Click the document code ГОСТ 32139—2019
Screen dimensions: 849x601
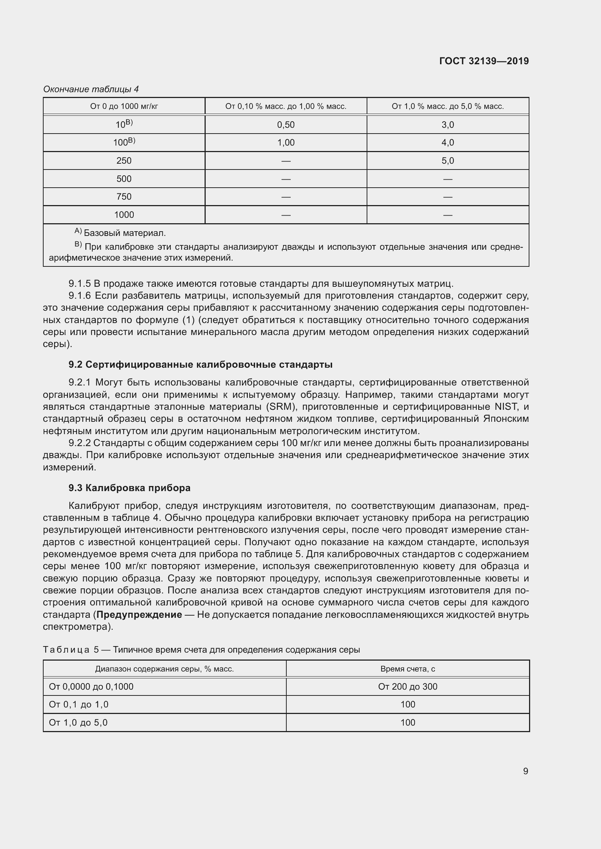[484, 61]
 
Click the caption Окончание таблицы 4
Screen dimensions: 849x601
[91, 89]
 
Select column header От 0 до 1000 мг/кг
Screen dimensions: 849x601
[124, 106]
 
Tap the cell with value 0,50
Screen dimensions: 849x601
[286, 125]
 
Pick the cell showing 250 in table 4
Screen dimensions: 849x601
[124, 161]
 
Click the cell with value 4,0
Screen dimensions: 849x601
[447, 143]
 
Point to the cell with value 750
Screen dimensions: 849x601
[124, 197]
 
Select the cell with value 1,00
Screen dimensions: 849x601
[286, 143]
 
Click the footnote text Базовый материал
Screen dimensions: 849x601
[125, 233]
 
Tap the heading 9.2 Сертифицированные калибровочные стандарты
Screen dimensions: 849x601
[200, 364]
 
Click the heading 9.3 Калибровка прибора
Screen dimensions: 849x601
[129, 488]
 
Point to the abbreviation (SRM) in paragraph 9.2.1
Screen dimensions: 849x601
[282, 407]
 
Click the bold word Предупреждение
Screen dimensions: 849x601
[139, 615]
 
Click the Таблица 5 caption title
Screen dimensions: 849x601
[201, 650]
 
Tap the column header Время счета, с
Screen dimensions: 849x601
[407, 669]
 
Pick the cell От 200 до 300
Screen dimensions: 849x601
[407, 687]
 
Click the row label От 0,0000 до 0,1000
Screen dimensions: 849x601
[91, 687]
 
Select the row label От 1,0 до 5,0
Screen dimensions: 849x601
[78, 723]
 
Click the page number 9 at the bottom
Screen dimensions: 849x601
[525, 771]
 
